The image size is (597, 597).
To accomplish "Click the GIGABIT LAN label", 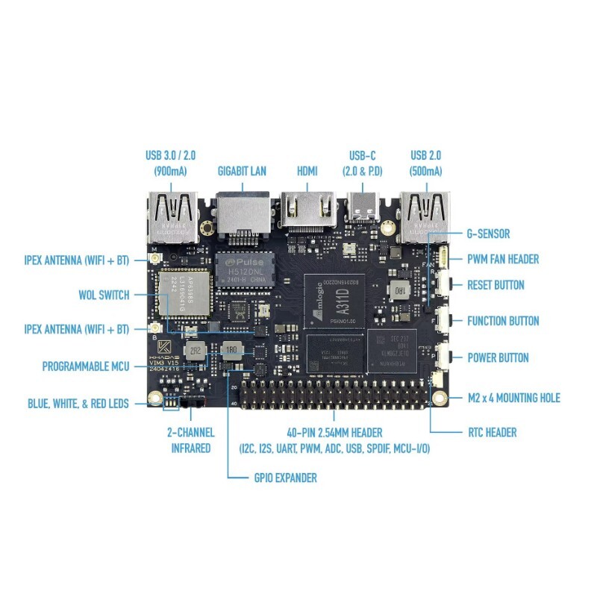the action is click(x=242, y=171).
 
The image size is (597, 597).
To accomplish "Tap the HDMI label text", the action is click(x=307, y=171).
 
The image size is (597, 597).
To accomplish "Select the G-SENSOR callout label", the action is click(x=489, y=234).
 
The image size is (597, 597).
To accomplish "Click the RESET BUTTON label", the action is click(x=496, y=284).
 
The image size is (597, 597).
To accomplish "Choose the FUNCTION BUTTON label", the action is click(x=503, y=321).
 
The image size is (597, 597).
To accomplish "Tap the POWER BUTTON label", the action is click(x=498, y=357).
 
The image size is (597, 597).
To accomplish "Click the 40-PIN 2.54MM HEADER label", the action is click(x=334, y=433).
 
